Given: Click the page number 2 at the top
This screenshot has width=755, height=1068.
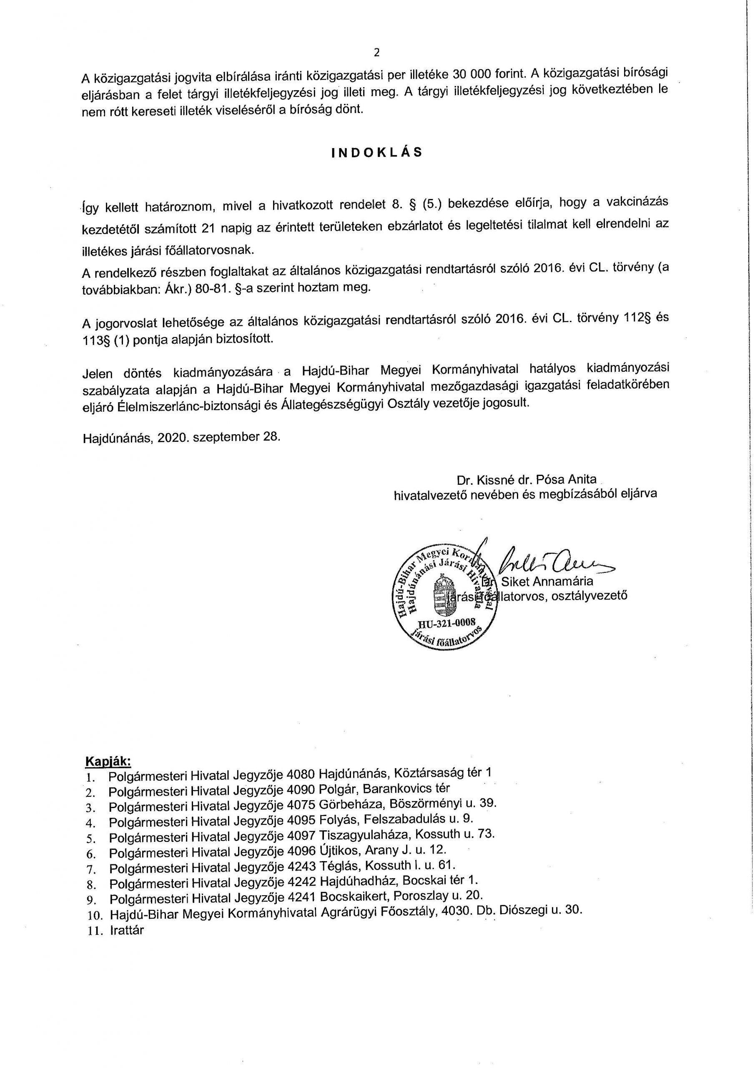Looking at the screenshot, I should point(376,53).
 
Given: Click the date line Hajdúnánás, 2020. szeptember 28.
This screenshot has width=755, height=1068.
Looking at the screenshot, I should point(182,437).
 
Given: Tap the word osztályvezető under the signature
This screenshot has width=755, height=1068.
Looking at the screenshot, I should point(589,595).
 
